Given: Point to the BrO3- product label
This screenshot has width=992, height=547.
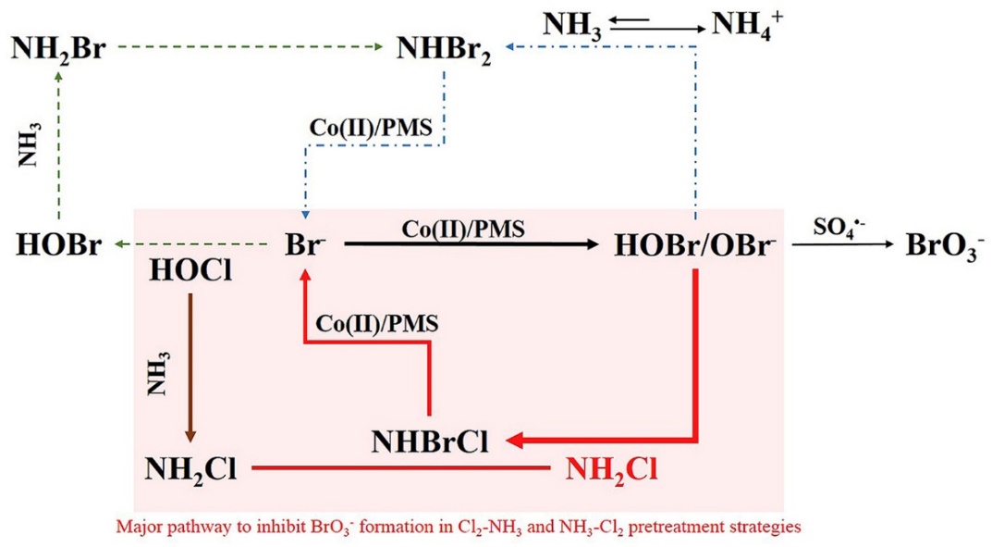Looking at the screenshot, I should (x=942, y=248).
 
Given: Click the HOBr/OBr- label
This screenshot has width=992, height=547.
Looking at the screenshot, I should (x=694, y=247).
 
